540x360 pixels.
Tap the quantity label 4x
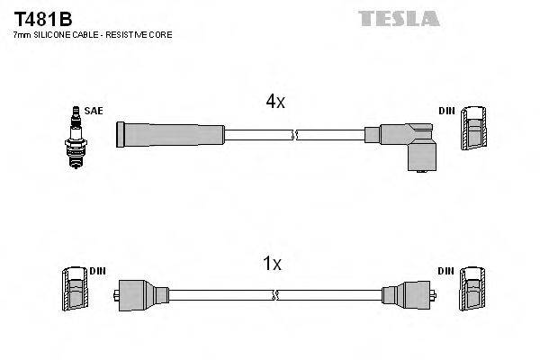tap(274, 102)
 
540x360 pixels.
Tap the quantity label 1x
tap(271, 264)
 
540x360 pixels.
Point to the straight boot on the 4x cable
tap(169, 134)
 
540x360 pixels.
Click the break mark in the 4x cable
tap(294, 135)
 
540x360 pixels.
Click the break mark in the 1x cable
tap(275, 294)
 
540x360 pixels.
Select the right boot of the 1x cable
tap(406, 293)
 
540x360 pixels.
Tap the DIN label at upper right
tap(446, 111)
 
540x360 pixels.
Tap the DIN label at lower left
tap(97, 271)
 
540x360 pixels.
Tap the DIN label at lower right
tap(446, 271)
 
